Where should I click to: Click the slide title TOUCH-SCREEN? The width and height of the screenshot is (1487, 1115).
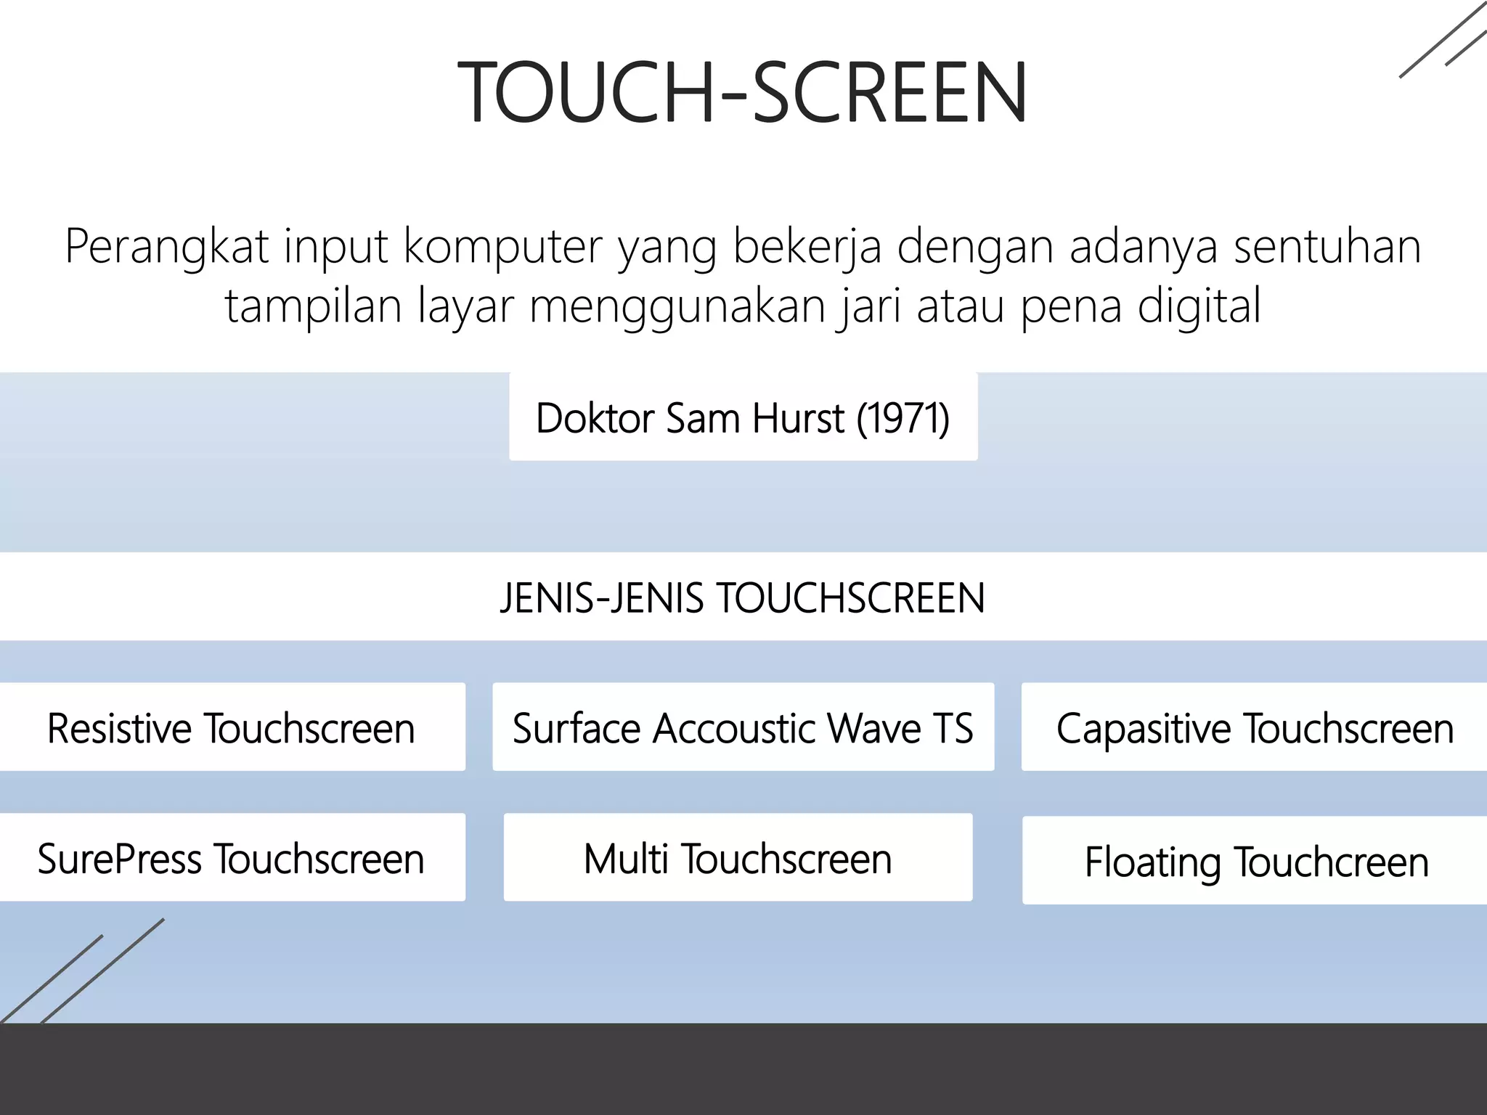(743, 93)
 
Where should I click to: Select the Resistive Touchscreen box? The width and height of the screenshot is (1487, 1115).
(231, 727)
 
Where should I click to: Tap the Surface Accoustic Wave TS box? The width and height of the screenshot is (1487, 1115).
(743, 727)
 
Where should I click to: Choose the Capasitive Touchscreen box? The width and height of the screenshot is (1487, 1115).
(1254, 727)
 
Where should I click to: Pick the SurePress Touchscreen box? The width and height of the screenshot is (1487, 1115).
(231, 858)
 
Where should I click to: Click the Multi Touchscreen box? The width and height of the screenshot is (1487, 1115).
(738, 858)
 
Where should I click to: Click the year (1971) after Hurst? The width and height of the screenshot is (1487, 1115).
(903, 418)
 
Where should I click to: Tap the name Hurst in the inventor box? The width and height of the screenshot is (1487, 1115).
(798, 418)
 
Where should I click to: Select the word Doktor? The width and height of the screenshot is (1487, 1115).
(595, 418)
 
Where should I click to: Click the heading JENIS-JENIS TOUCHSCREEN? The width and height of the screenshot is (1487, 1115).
(743, 597)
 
